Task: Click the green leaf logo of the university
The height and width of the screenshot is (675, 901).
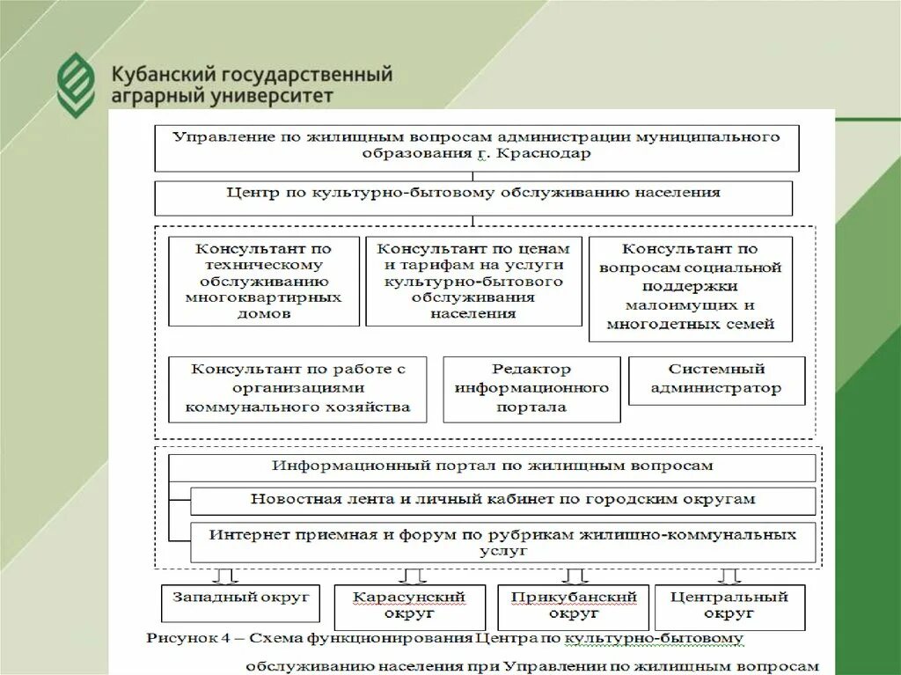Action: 76,84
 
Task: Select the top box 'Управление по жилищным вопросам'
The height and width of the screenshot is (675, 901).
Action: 476,147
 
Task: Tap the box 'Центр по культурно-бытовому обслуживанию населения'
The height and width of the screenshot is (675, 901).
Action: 472,196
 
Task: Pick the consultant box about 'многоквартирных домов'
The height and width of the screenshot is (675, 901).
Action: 263,281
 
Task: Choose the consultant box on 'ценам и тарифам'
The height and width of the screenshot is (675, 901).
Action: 473,281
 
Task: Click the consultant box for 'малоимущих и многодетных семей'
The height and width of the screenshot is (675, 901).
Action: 690,288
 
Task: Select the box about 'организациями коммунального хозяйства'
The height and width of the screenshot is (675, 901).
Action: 297,389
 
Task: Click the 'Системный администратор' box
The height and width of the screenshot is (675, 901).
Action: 716,380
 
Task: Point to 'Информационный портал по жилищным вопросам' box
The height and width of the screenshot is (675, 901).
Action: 492,466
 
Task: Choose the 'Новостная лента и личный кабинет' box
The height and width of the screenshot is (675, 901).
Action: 502,500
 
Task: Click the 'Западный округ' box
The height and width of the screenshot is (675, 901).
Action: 240,602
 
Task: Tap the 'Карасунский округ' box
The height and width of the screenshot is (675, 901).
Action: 409,606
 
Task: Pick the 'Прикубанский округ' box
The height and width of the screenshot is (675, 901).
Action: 573,606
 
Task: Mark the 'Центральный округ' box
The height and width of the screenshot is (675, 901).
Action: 729,606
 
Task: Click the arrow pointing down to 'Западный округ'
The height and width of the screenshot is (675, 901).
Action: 226,576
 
